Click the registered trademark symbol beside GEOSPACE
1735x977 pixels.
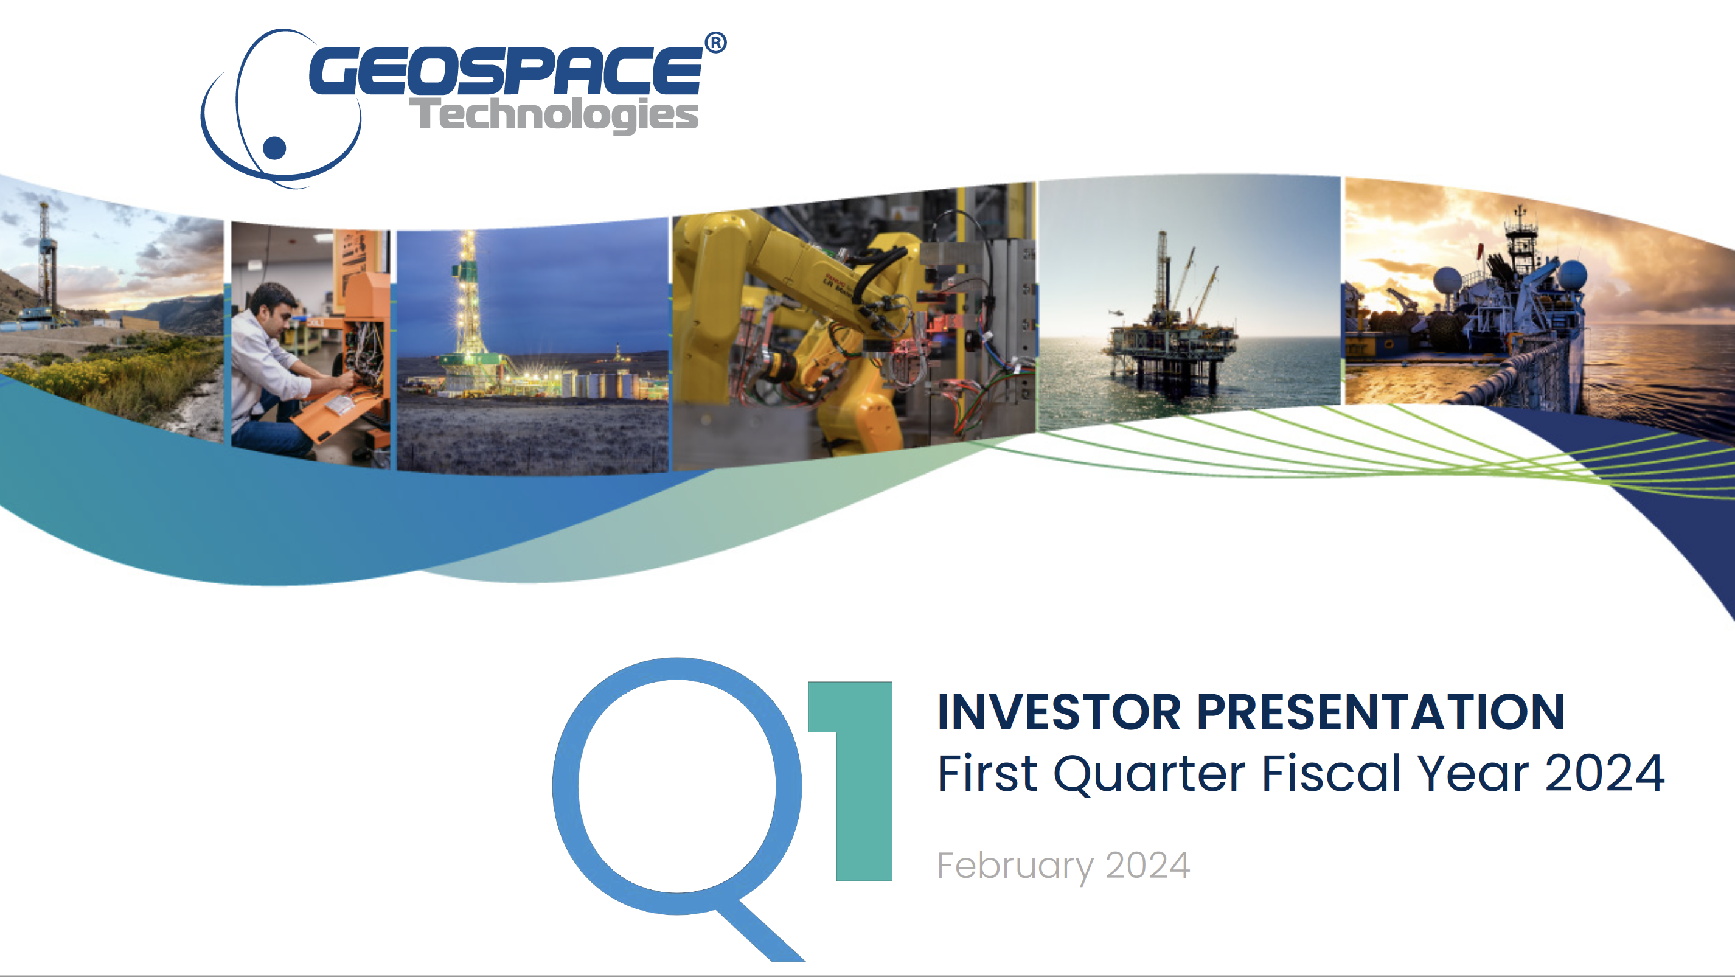point(715,43)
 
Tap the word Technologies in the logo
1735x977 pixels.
point(554,114)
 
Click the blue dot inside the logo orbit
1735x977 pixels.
point(274,147)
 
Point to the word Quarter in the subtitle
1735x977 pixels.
point(1149,774)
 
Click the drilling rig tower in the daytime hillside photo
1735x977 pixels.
point(45,256)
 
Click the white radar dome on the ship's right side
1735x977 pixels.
point(1573,275)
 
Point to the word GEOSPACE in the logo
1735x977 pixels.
point(506,70)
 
